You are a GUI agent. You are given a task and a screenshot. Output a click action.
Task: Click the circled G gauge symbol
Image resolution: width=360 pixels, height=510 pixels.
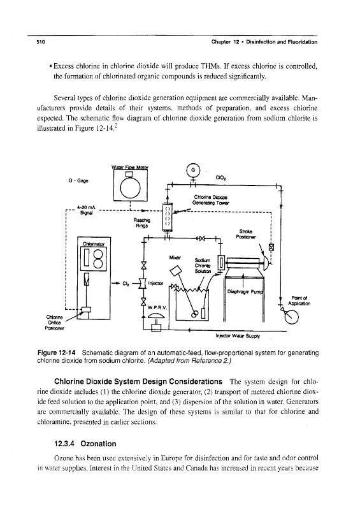coord(193,170)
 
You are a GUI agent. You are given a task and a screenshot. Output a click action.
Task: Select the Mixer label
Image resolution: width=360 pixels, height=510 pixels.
coord(176,258)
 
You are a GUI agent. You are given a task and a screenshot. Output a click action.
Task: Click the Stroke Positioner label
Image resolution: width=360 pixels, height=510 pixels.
coord(247,234)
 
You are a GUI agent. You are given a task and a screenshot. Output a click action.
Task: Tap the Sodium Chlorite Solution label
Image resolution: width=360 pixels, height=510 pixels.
coord(203,266)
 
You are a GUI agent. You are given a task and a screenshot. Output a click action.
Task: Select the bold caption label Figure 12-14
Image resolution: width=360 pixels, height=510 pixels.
coord(57,353)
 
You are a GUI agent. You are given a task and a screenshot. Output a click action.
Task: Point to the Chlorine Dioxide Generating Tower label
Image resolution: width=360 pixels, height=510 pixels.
coord(212,200)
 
